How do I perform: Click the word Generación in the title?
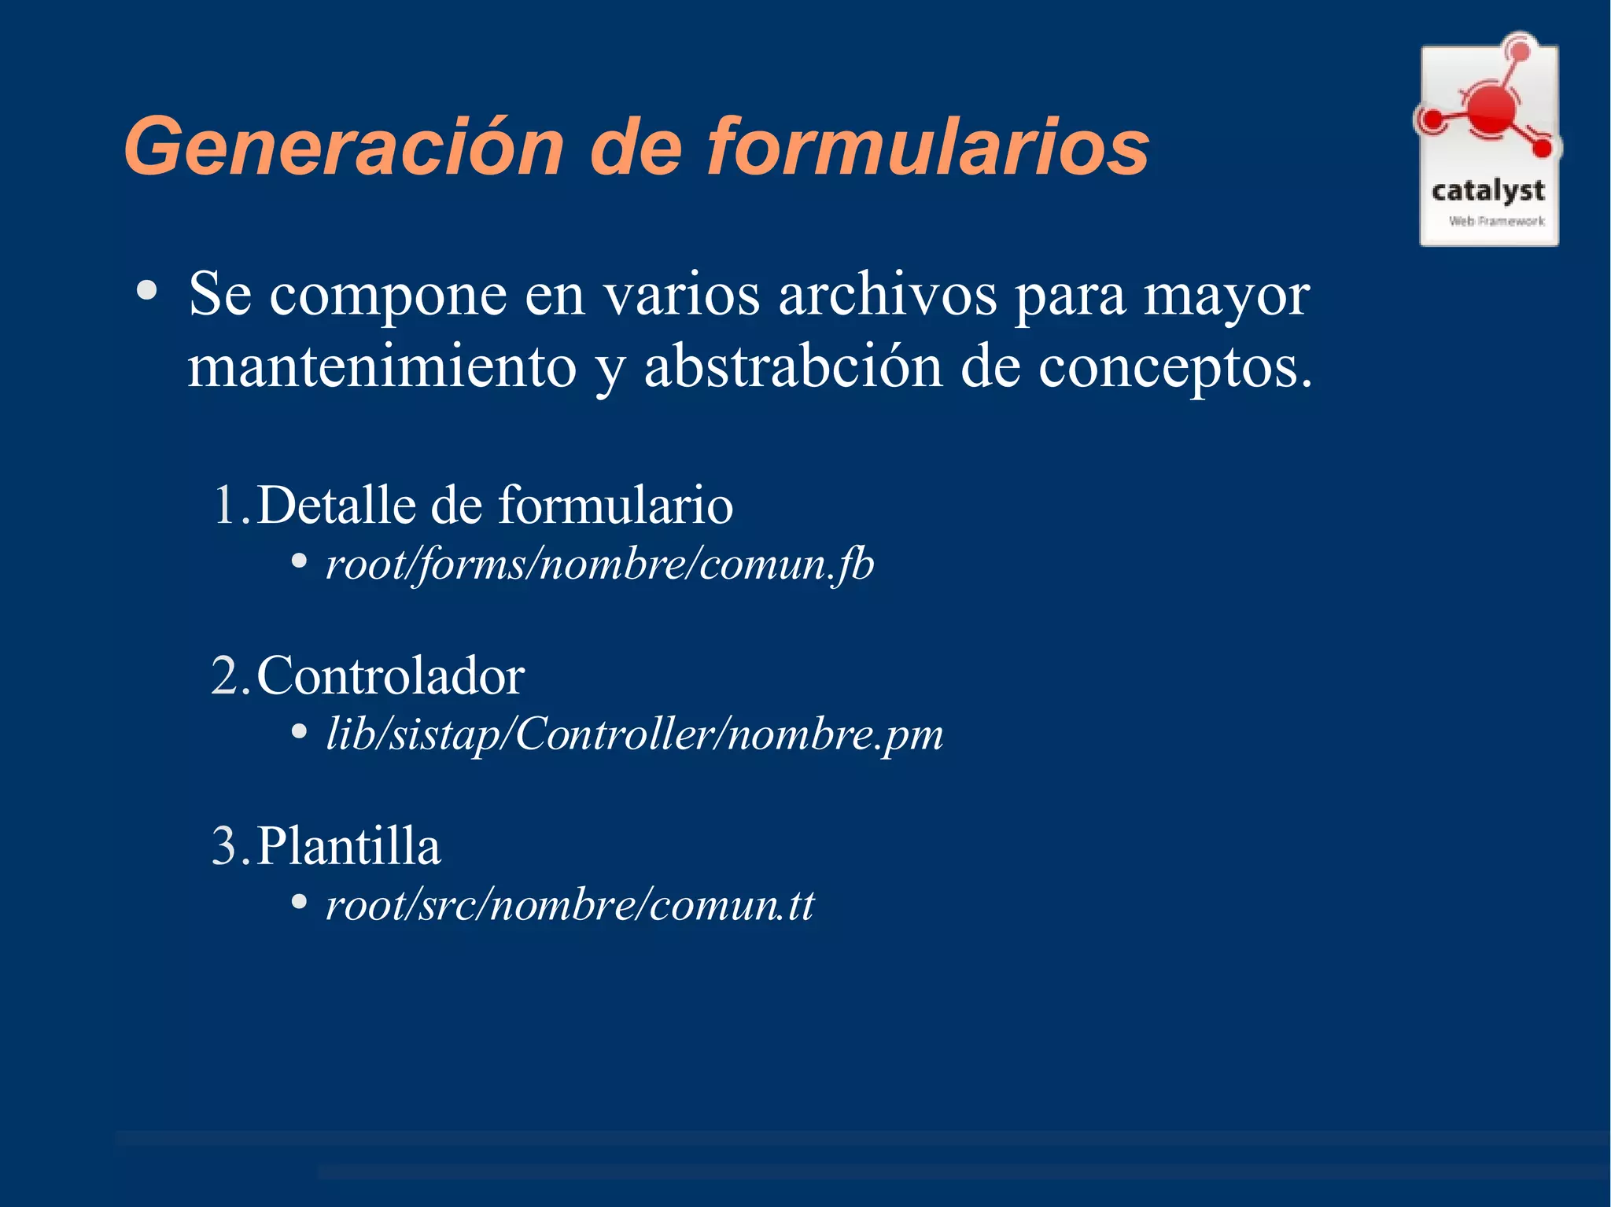[344, 147]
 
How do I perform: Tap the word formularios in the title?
[928, 147]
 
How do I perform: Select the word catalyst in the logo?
[1488, 191]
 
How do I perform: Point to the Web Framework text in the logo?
[1496, 222]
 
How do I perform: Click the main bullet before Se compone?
[146, 292]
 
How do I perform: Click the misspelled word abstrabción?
[793, 367]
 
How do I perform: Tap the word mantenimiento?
[382, 367]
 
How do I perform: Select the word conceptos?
[1174, 367]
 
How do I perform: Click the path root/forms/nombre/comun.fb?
[599, 565]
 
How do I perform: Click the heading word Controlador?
[391, 675]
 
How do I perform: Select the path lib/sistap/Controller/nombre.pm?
[634, 734]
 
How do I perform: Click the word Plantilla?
[349, 846]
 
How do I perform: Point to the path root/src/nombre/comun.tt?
[570, 905]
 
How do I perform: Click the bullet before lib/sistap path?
[299, 732]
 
